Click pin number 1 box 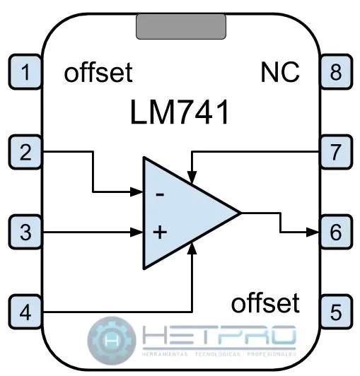26,72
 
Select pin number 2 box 26,151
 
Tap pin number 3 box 26,231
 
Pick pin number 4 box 26,310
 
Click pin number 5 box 335,310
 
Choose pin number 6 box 335,231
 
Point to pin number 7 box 335,151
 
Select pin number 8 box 335,72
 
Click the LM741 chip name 180,113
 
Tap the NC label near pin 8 279,72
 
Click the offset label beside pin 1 98,73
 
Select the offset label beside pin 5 265,303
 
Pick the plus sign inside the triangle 160,231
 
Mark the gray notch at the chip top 180,26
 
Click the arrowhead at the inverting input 139,191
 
